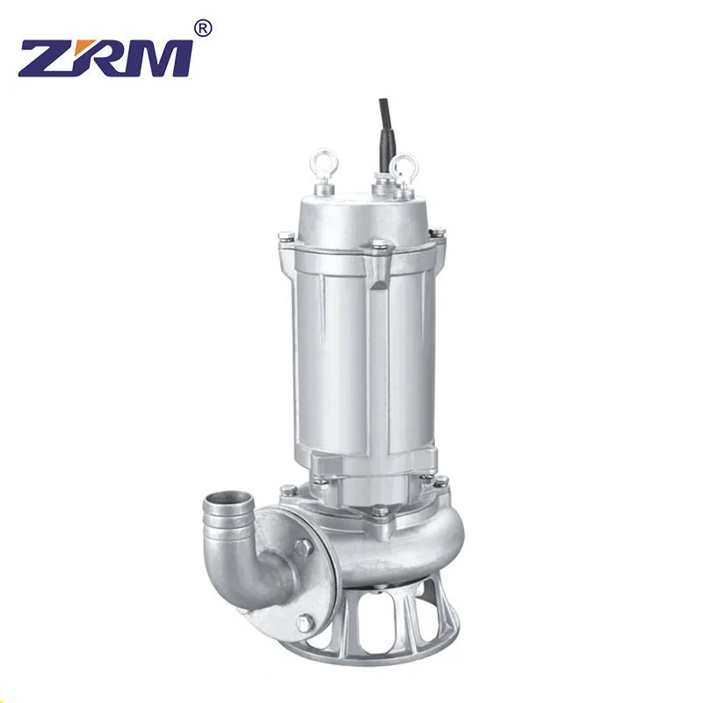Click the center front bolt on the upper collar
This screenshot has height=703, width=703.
click(379, 244)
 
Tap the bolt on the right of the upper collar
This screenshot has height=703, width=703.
click(437, 233)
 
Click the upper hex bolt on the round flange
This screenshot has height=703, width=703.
click(303, 547)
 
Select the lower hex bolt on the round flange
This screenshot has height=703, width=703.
click(303, 623)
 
